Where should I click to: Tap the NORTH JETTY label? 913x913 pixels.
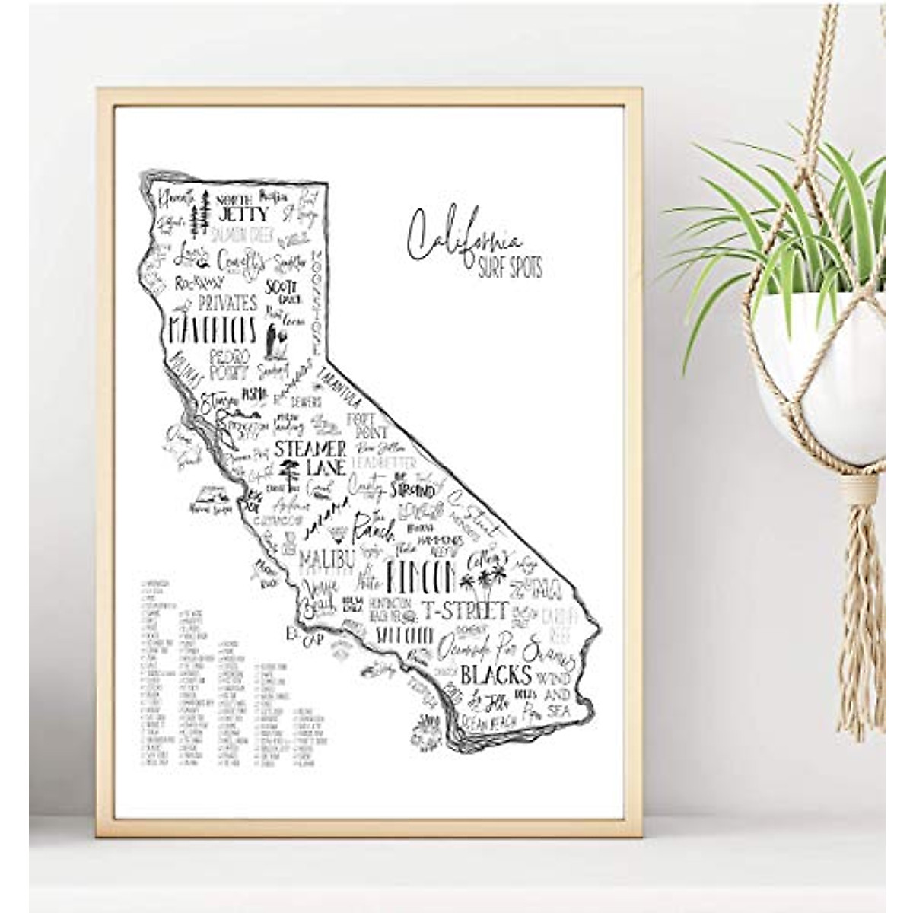[235, 208]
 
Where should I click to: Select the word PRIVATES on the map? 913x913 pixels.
[227, 303]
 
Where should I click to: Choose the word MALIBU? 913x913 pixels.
[327, 559]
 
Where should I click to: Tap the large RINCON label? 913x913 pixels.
[420, 577]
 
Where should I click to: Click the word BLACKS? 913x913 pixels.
[495, 674]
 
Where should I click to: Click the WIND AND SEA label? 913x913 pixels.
[555, 686]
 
